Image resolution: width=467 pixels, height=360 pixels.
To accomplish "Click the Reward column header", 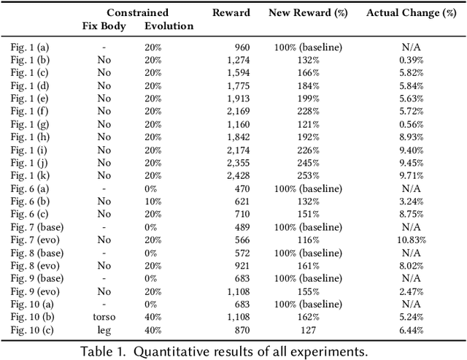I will (231, 12).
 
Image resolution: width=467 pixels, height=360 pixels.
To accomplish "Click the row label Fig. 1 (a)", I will (30, 47).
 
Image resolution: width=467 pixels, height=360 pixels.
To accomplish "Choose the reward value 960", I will (241, 47).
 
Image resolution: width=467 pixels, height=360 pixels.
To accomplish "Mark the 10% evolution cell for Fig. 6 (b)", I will (153, 201).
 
